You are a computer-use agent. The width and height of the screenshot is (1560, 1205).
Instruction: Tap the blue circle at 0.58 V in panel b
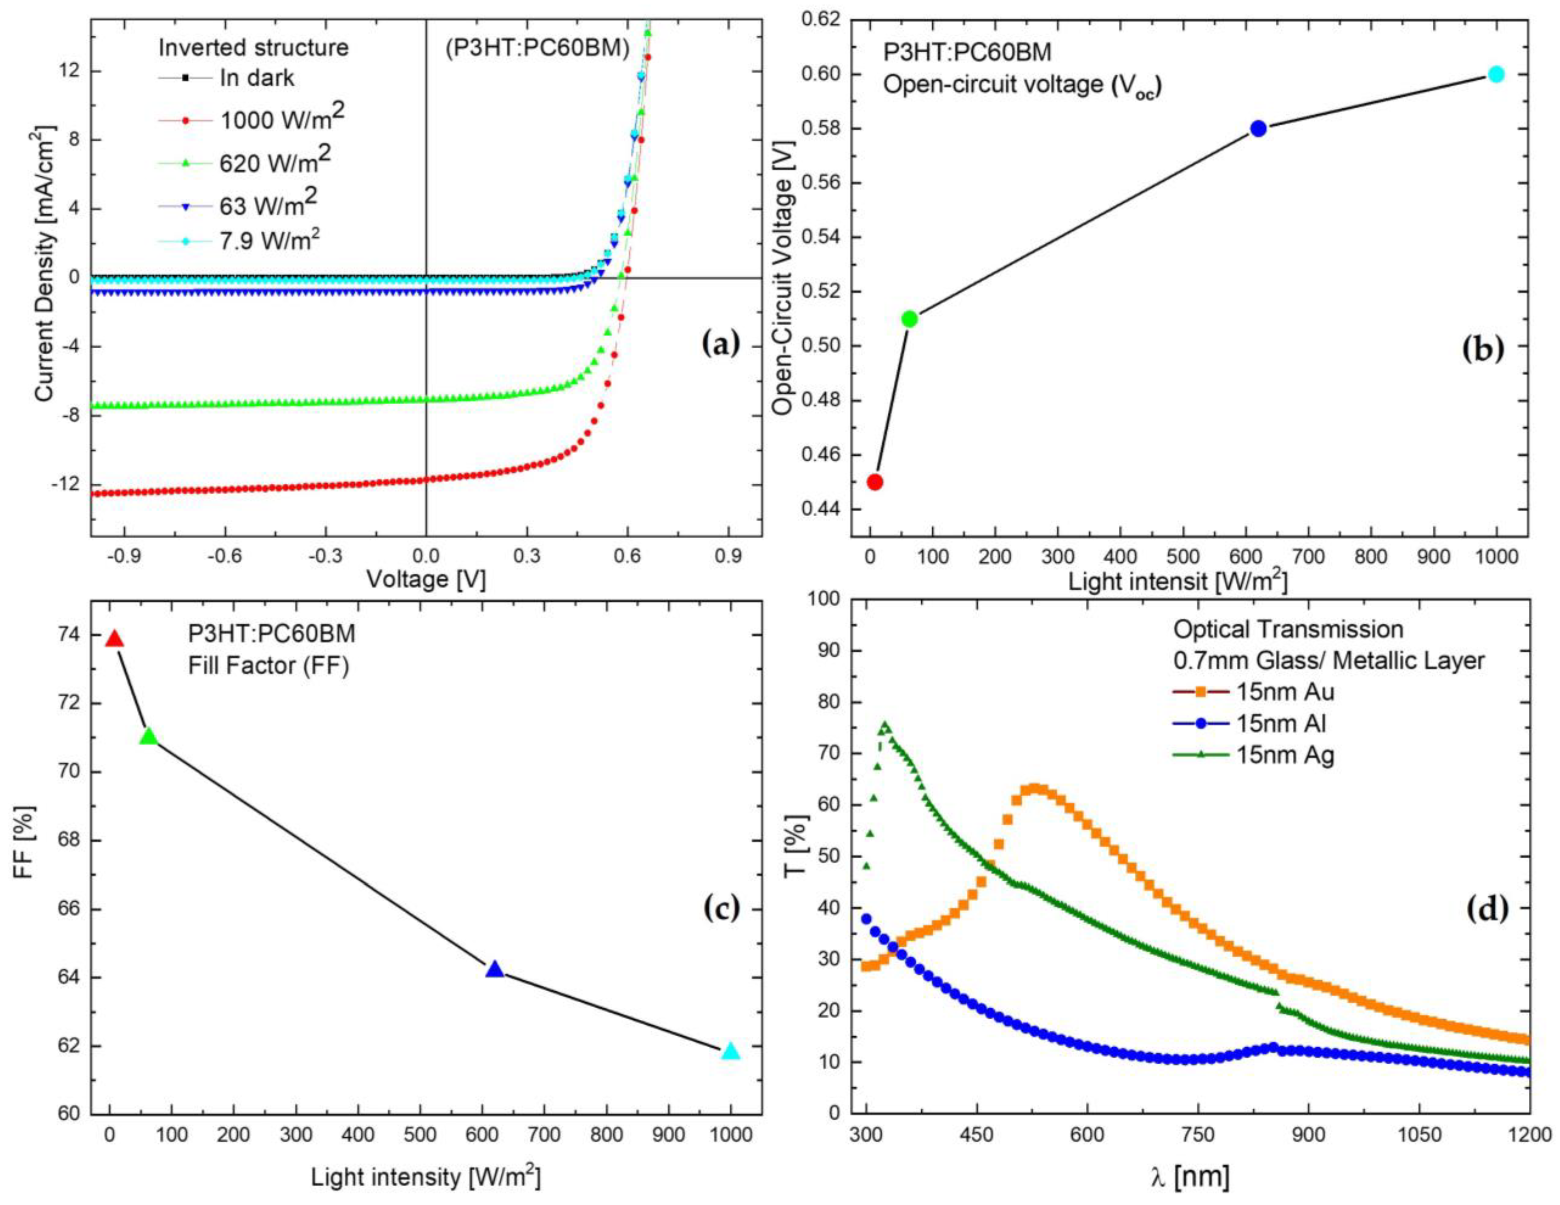click(x=1259, y=129)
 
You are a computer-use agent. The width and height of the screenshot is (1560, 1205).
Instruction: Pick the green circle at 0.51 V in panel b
click(x=909, y=319)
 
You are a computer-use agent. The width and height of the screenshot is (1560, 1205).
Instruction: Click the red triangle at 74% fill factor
click(x=114, y=639)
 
